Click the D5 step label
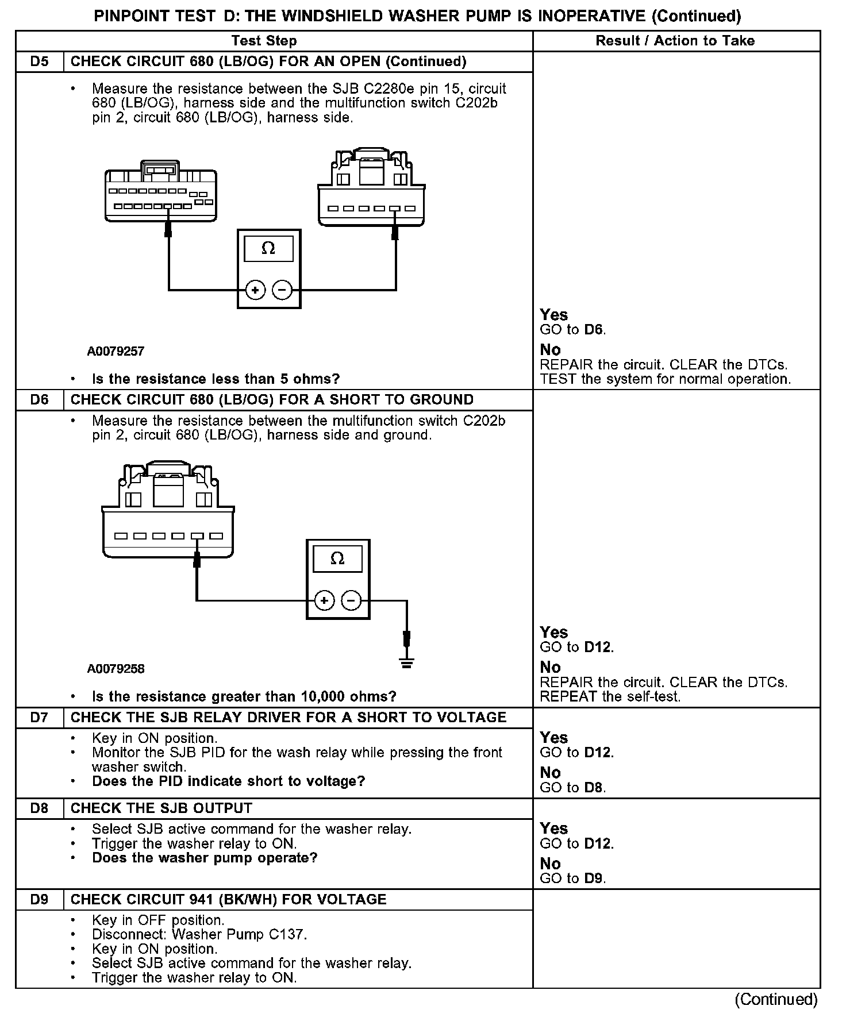(40, 61)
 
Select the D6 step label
(40, 399)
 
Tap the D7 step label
(40, 718)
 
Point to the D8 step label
(40, 808)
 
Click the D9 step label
(40, 899)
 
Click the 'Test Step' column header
(264, 41)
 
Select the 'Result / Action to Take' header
(675, 41)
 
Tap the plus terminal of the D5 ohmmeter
(255, 290)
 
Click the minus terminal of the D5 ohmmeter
(282, 290)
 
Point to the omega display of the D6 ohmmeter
(337, 558)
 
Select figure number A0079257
(116, 351)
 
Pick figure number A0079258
(116, 669)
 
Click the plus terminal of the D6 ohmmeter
(324, 601)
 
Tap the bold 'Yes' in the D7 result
(553, 738)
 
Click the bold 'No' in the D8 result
(550, 864)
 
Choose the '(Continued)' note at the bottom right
(775, 999)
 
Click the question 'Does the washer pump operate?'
(205, 858)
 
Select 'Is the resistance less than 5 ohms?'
(216, 379)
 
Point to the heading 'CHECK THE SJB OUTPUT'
(161, 808)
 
